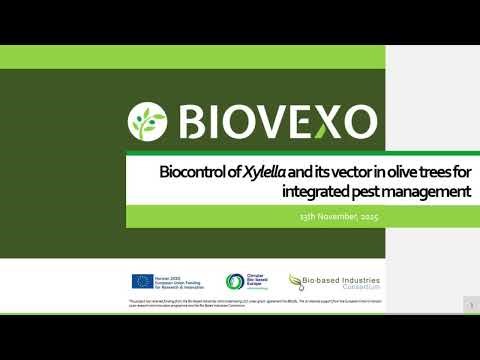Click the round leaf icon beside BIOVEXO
coord(147,122)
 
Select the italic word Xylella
coord(265,171)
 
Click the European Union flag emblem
coord(142,282)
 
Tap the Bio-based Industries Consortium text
coord(331,281)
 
